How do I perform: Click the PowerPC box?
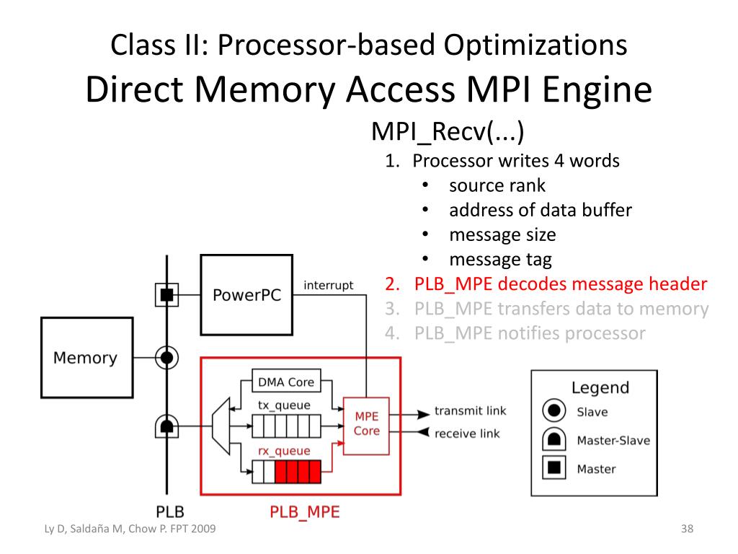click(x=246, y=295)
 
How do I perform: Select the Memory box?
click(x=87, y=358)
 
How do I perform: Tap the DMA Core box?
click(x=286, y=381)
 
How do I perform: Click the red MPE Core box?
click(x=366, y=426)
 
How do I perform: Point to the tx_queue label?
click(x=284, y=405)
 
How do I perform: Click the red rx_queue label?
click(x=284, y=451)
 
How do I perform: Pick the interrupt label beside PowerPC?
click(x=328, y=285)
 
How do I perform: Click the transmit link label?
click(x=470, y=410)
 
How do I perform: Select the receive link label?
click(x=467, y=434)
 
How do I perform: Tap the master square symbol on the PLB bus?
click(x=166, y=295)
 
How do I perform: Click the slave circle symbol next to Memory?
click(x=166, y=358)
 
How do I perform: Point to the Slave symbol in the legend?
click(x=554, y=410)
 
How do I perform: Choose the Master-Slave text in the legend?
click(x=613, y=441)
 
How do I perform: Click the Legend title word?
click(x=600, y=387)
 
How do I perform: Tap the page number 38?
click(x=687, y=529)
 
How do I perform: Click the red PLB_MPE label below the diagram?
click(x=305, y=512)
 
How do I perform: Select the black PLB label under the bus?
click(x=170, y=511)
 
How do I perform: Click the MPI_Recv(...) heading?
click(x=448, y=131)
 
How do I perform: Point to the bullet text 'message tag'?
click(x=501, y=260)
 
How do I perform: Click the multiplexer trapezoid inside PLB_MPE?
click(x=221, y=426)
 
